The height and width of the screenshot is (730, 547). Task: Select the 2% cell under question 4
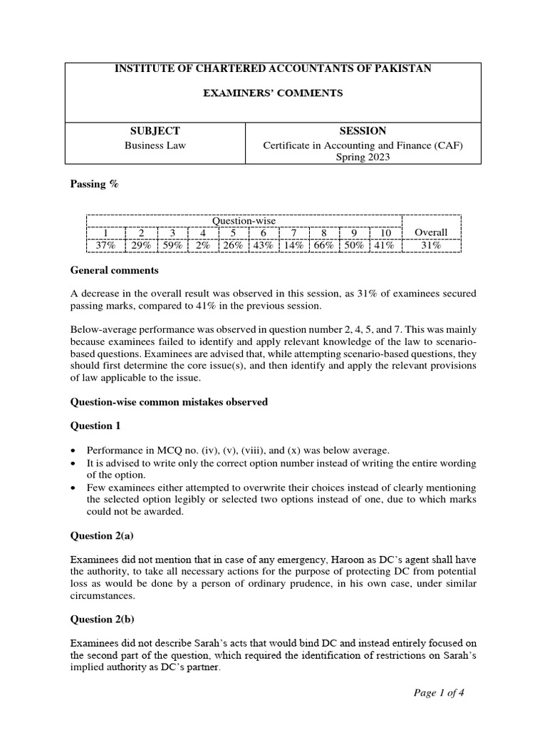pos(202,245)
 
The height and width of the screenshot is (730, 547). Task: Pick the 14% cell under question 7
pos(293,245)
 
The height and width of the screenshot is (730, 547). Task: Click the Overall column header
pos(431,232)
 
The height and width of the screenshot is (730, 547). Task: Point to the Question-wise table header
pos(244,220)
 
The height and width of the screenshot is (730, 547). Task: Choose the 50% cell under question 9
pos(354,245)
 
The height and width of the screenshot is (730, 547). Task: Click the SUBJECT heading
pos(154,131)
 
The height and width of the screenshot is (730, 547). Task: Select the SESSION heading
pos(363,131)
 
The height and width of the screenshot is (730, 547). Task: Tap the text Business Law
pos(154,145)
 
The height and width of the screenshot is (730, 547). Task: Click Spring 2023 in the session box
pos(363,158)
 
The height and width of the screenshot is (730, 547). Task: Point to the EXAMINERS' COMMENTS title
pos(273,93)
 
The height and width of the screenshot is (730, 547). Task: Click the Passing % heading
pos(94,184)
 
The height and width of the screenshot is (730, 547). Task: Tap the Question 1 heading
pos(96,426)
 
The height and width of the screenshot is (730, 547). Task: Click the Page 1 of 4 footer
pos(440,692)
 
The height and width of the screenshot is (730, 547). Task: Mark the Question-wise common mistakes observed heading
pos(169,402)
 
